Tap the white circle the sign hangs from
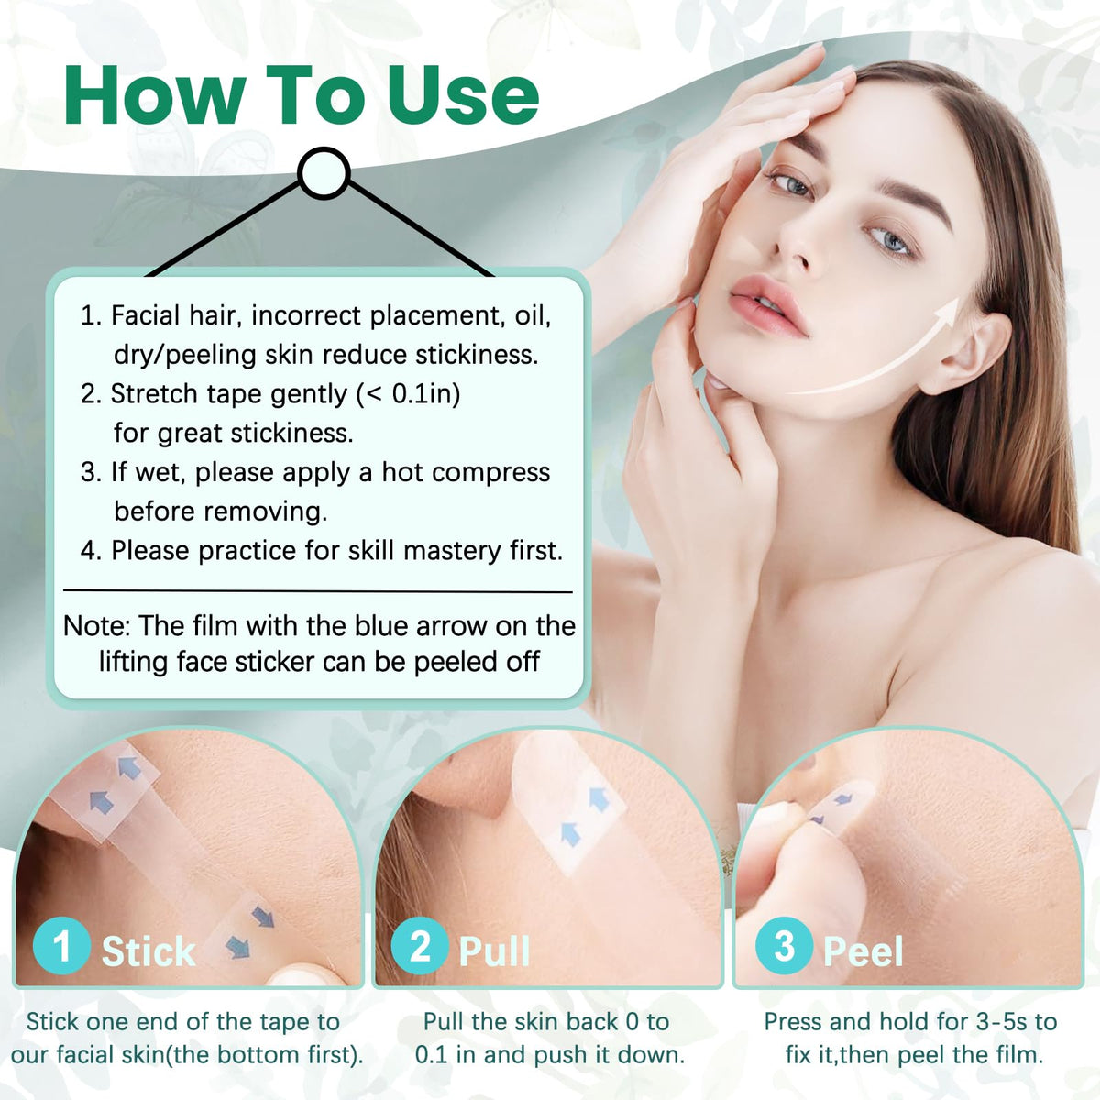pos(324,173)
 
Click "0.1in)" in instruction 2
pos(426,394)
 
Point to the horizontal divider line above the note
pos(317,591)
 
